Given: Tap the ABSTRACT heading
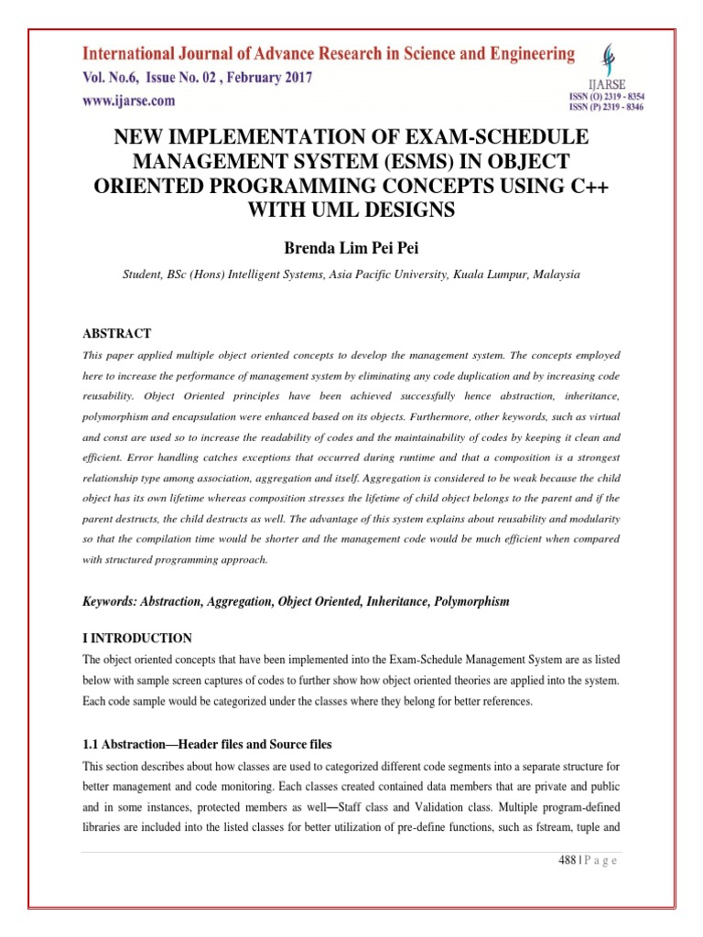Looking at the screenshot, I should point(116,333).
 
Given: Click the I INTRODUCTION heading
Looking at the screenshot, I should point(137,638).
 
